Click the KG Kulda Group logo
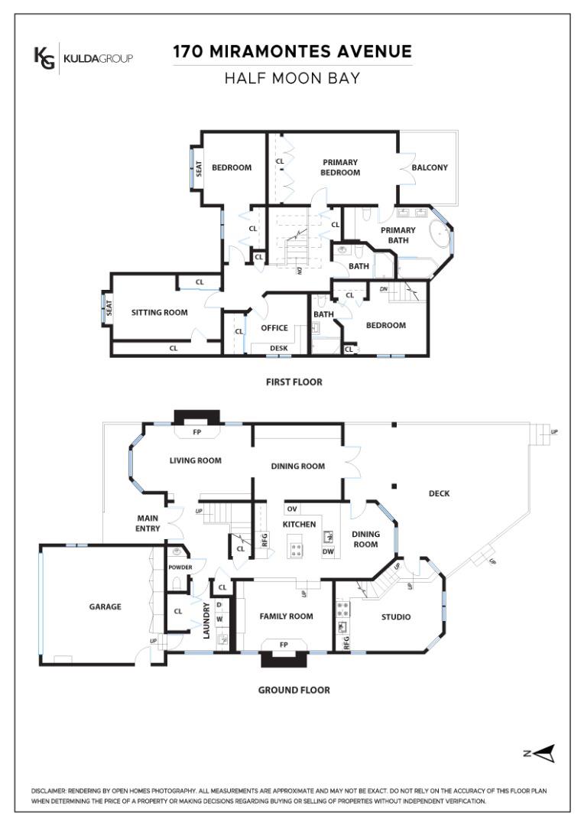point(83,58)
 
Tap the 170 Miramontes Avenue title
point(292,51)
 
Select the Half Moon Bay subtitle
point(292,79)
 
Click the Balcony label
point(430,167)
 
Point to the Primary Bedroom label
point(340,167)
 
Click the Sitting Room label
point(160,312)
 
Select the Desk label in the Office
point(278,348)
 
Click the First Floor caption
point(294,382)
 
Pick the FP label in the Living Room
point(197,432)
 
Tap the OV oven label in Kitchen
point(292,509)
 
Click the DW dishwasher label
point(328,551)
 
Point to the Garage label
point(105,606)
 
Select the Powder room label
point(180,567)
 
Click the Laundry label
point(206,621)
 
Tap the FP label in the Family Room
point(284,645)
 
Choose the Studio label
point(396,617)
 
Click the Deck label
point(440,493)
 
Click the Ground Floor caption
point(294,690)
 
